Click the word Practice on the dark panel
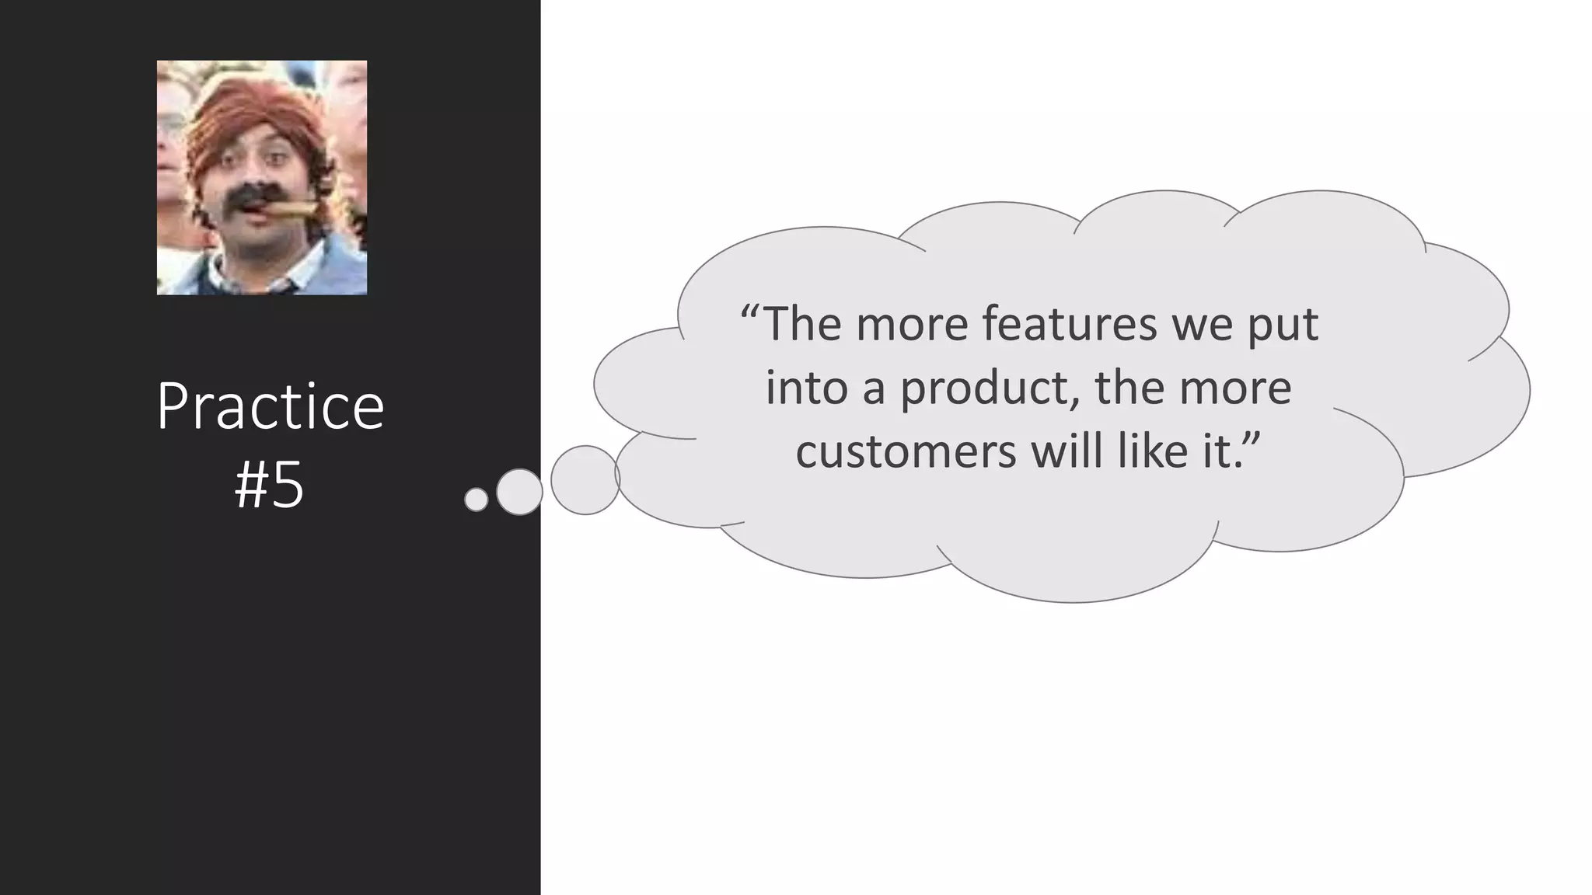click(270, 407)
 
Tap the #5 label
click(269, 487)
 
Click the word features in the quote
click(1070, 324)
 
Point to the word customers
click(906, 451)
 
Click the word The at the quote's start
click(803, 324)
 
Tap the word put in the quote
click(1283, 326)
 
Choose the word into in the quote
click(806, 388)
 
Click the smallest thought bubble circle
click(476, 500)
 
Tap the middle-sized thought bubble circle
click(519, 492)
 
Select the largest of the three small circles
click(585, 480)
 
